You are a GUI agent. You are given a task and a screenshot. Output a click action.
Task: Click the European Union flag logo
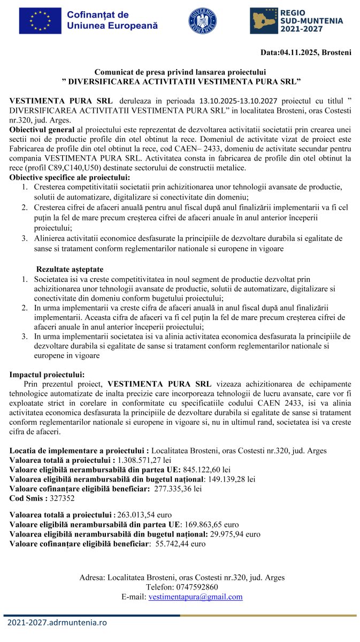click(x=40, y=21)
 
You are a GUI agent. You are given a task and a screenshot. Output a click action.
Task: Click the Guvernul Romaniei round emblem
click(x=202, y=21)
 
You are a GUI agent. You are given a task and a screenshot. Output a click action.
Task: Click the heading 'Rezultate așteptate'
click(x=70, y=269)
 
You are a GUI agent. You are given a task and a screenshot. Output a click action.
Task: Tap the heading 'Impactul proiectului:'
click(x=47, y=374)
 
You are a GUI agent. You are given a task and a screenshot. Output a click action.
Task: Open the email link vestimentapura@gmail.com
click(x=195, y=597)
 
